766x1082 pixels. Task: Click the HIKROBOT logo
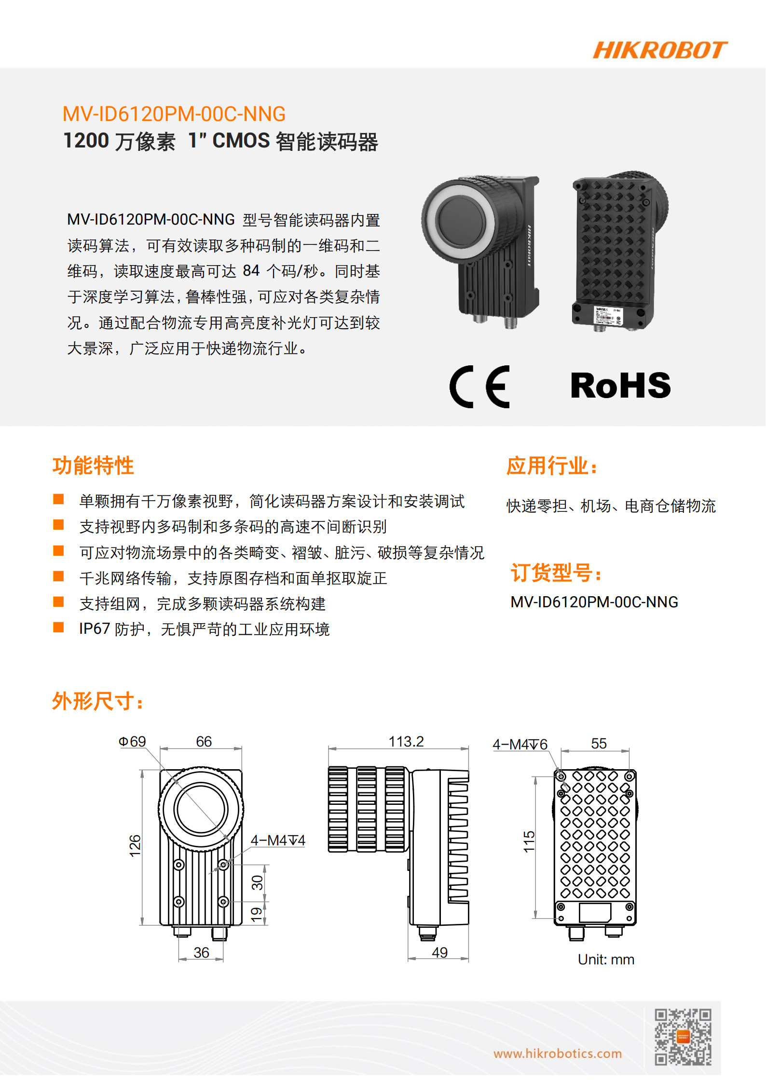tap(659, 50)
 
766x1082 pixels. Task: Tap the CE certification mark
tap(479, 387)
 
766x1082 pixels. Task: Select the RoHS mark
tap(620, 386)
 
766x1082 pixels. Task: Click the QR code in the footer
tap(683, 1036)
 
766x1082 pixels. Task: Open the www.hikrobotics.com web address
tap(557, 1054)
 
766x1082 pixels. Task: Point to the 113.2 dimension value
tap(406, 742)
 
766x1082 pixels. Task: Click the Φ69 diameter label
tap(132, 741)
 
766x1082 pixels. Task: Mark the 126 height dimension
tap(135, 846)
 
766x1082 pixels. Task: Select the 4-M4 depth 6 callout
tap(520, 745)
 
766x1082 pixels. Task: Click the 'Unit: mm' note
tap(606, 960)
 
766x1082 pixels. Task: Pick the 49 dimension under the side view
tap(439, 952)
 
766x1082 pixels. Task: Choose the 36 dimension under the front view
tap(201, 952)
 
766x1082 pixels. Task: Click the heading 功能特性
tap(93, 466)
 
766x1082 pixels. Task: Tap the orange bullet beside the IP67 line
tap(58, 627)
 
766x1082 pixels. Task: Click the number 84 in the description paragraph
tap(251, 271)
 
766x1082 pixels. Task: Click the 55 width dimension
tap(599, 743)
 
